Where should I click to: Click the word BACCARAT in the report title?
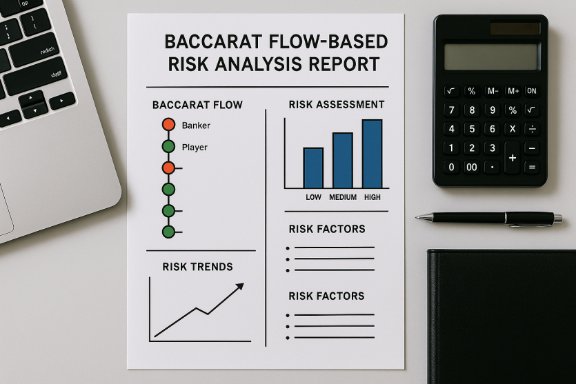pos(213,41)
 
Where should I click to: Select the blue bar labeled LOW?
pos(313,168)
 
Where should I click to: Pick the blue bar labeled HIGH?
pos(372,154)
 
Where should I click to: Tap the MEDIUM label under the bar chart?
pos(343,197)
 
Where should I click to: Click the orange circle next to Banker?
pos(168,125)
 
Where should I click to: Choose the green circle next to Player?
pos(168,146)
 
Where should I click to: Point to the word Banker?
pos(196,125)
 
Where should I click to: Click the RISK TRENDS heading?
pos(197,267)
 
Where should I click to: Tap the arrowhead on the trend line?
pos(240,286)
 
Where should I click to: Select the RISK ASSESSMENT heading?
pos(337,105)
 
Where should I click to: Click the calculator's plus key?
pos(513,158)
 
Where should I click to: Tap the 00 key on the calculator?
pos(472,168)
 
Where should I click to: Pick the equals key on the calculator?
pos(532,168)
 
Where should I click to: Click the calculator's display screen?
pos(491,57)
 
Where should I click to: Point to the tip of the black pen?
pos(417,217)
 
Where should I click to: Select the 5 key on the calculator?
pos(472,129)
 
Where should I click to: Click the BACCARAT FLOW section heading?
pos(197,105)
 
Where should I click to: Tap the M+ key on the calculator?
pos(513,91)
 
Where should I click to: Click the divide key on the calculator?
pos(532,129)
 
